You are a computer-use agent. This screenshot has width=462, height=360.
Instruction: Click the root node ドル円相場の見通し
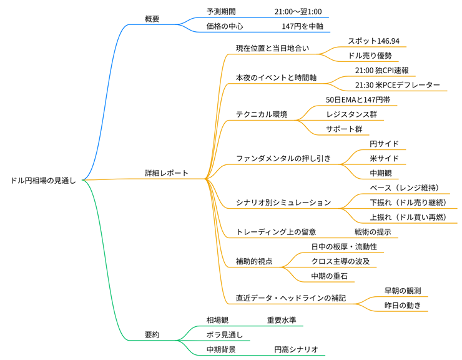43,181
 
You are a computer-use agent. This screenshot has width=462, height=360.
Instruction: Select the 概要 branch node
152,19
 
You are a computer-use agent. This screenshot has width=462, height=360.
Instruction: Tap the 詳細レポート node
166,173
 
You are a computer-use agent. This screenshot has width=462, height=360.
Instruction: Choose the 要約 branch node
152,334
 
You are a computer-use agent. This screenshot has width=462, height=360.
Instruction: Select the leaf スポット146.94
373,41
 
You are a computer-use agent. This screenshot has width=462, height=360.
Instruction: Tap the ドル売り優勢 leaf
370,56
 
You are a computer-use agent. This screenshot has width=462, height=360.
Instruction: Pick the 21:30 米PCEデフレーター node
397,85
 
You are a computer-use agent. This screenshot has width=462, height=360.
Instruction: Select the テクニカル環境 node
262,114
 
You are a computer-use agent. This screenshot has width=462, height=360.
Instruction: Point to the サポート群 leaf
343,129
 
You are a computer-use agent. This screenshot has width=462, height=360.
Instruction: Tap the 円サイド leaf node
384,144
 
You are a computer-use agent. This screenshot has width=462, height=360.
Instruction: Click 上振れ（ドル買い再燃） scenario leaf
408,217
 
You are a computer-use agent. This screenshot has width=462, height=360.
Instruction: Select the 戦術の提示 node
372,232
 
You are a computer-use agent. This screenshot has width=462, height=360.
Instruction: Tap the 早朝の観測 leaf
402,291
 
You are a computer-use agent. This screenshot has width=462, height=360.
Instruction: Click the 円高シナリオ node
296,349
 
